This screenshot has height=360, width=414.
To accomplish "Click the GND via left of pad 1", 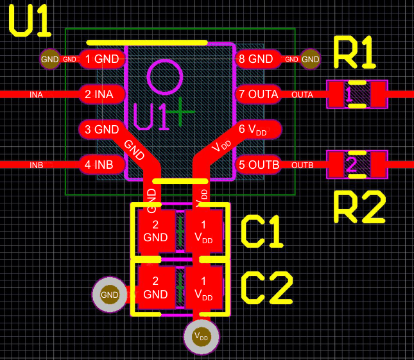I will (49, 59).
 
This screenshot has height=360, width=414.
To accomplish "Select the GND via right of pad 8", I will (311, 59).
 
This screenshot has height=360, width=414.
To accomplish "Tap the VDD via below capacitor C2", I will (201, 336).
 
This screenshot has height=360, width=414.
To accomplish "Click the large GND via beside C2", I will (110, 295).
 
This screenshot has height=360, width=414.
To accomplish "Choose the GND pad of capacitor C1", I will (156, 231).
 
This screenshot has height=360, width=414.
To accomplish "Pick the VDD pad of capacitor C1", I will (203, 231).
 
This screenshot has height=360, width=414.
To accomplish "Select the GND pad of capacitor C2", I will (156, 288).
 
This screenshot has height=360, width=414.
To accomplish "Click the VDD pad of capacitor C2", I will (203, 288).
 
